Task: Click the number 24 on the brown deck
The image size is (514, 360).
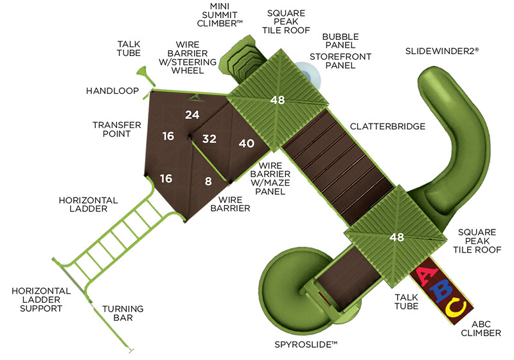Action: (192, 115)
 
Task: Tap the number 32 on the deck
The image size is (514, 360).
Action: (209, 138)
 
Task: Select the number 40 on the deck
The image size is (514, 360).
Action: (247, 143)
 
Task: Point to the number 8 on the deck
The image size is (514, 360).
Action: (207, 181)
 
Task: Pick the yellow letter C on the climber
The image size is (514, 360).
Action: (456, 308)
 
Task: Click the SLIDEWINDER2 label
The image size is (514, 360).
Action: (442, 50)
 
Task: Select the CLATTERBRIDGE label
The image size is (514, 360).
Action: (387, 127)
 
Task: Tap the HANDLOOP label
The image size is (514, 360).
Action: (112, 91)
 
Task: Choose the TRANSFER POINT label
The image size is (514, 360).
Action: (112, 129)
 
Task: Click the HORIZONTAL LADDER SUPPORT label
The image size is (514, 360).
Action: (37, 300)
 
